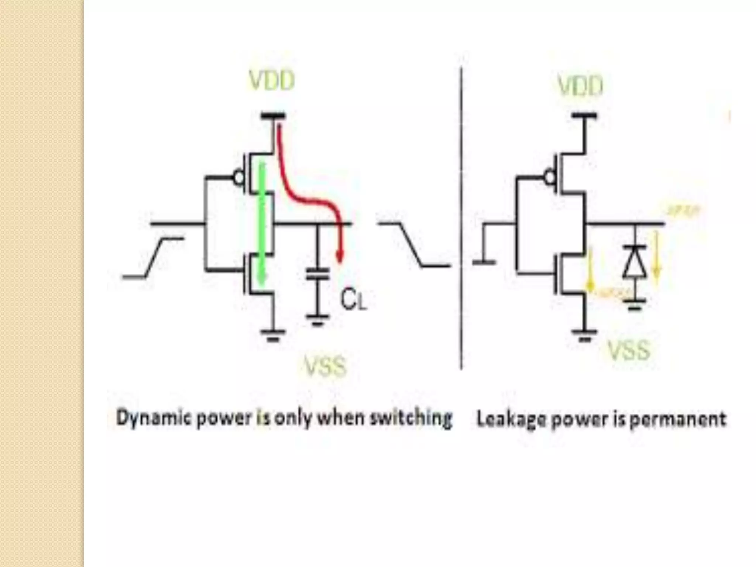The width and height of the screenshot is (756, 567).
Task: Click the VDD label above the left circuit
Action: coord(272,81)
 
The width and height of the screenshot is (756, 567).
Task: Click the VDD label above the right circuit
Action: coord(580,86)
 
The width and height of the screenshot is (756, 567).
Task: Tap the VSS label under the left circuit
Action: coord(325,367)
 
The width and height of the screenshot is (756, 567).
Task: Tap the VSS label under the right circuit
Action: coord(629,350)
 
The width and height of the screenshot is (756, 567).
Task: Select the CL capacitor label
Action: coord(353,300)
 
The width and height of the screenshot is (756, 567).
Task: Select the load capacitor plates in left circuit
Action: coord(318,274)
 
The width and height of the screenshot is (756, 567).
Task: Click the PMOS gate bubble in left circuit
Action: coord(239,178)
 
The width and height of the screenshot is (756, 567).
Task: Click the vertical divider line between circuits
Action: coord(461,218)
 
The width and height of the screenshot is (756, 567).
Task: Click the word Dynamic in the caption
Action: coord(151,419)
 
